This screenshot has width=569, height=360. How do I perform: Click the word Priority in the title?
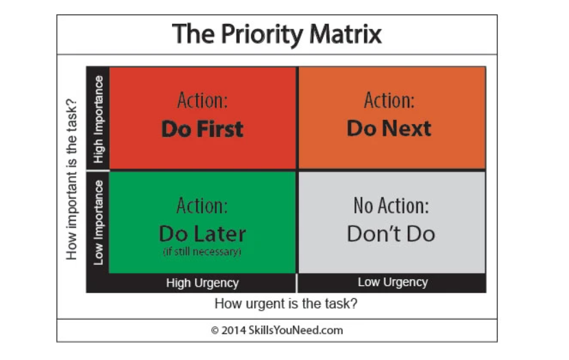[x=262, y=35]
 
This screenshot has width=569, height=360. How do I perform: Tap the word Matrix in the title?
[x=346, y=34]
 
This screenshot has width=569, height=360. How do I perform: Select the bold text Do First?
[x=202, y=129]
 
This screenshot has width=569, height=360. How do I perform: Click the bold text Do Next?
[x=389, y=128]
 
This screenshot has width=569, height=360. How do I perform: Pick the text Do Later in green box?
[x=202, y=234]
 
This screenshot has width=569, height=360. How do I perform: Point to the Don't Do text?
[x=391, y=234]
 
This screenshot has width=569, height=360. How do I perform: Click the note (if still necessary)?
[x=202, y=252]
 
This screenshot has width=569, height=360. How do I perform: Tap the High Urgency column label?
[x=202, y=283]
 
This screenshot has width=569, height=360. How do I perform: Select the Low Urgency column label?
[x=393, y=282]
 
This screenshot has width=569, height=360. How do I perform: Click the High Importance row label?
[x=99, y=119]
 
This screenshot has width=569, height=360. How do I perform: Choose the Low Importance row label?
[x=99, y=222]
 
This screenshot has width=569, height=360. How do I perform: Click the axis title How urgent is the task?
[x=286, y=303]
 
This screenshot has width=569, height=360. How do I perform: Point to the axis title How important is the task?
[x=71, y=179]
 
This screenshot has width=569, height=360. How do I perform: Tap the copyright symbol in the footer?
[x=215, y=331]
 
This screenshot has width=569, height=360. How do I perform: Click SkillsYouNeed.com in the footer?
[x=295, y=331]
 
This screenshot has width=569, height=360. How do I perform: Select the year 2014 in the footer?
[x=234, y=331]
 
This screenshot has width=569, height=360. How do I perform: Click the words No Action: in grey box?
[x=391, y=206]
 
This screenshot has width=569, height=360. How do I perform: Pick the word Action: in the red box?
[x=202, y=100]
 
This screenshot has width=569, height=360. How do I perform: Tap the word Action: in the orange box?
[x=389, y=100]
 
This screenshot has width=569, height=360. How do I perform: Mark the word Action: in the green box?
[x=202, y=206]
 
